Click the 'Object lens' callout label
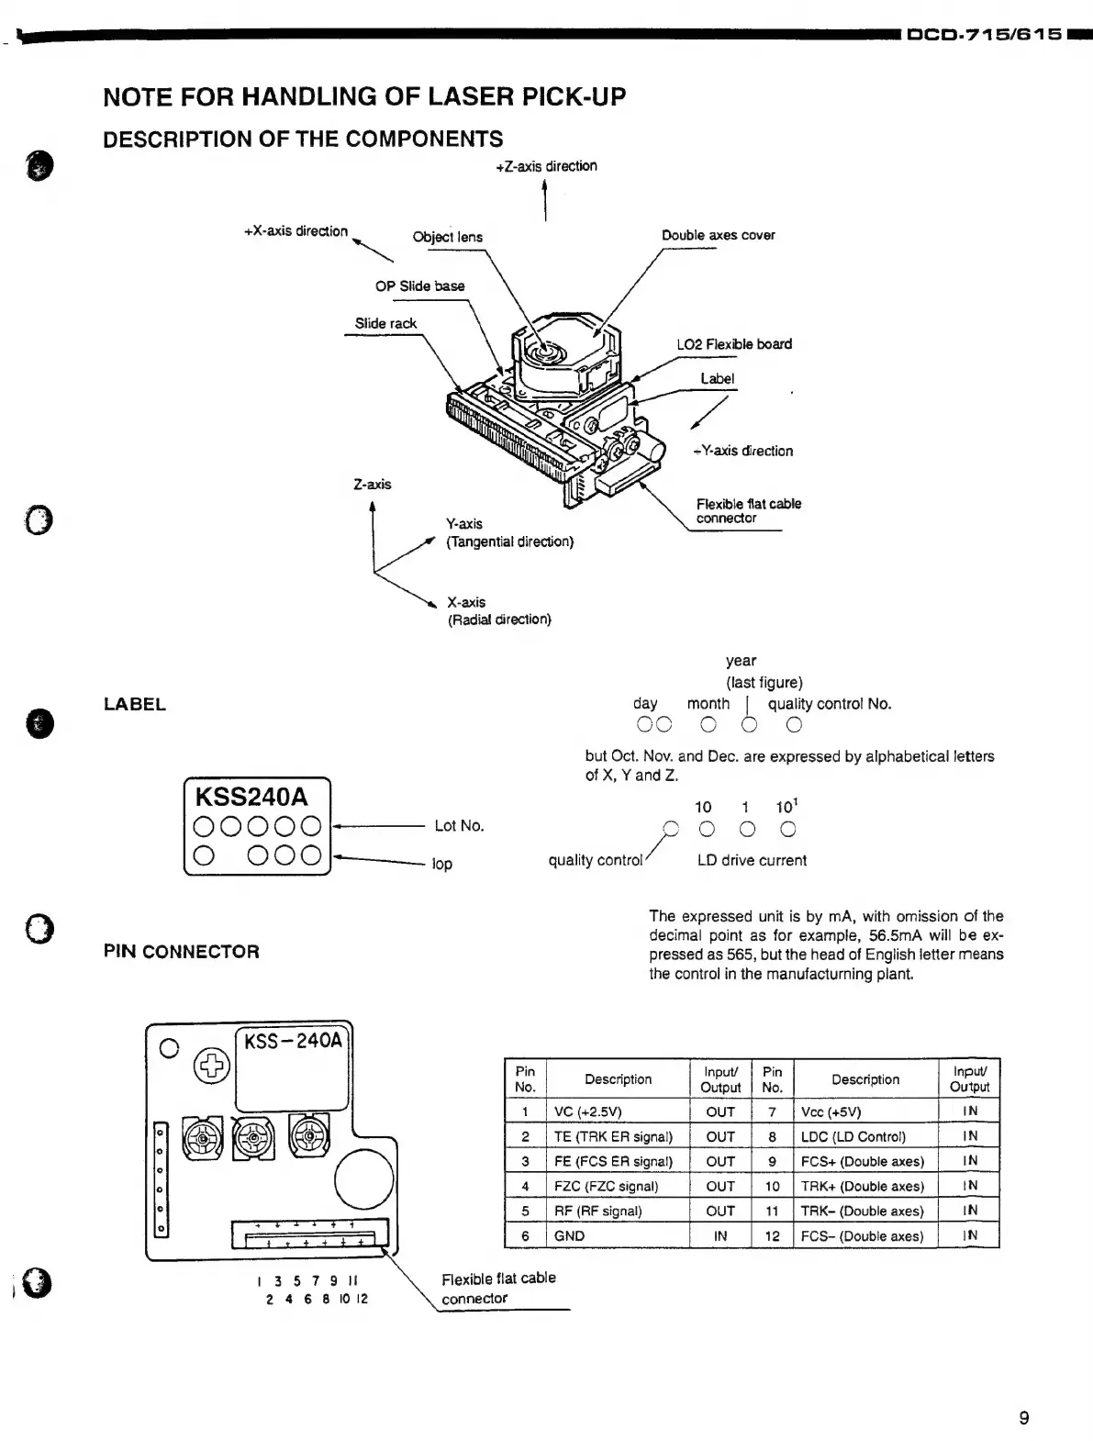[447, 237]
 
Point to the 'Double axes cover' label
[718, 235]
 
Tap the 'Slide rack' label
[385, 323]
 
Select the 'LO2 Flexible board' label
[733, 344]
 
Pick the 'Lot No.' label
[459, 826]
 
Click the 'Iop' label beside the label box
[442, 864]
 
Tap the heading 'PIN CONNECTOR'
[182, 952]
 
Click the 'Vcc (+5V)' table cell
[831, 1111]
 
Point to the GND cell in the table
[569, 1236]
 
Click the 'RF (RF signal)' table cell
[597, 1211]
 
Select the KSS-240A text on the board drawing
[293, 1041]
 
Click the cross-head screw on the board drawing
[212, 1067]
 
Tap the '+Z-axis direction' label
[546, 166]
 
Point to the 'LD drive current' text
[752, 861]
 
